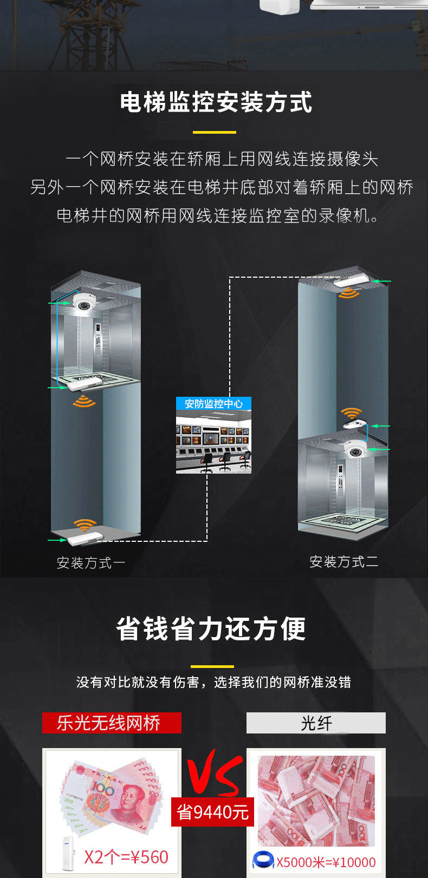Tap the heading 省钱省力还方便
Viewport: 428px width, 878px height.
211,629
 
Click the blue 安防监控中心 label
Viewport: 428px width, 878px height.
213,404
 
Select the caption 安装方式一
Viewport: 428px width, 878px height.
90,563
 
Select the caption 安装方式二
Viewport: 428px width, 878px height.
343,562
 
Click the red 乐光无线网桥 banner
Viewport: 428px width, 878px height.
112,723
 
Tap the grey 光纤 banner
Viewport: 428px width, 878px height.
316,723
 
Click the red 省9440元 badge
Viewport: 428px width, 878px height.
212,812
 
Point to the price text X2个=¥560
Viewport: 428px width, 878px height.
126,857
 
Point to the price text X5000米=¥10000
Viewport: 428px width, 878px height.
326,862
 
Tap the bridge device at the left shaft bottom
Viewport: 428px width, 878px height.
85,538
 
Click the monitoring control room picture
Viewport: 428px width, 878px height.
213,442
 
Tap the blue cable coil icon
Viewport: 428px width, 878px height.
263,860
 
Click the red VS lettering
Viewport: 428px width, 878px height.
214,772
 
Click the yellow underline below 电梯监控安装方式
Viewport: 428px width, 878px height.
215,132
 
